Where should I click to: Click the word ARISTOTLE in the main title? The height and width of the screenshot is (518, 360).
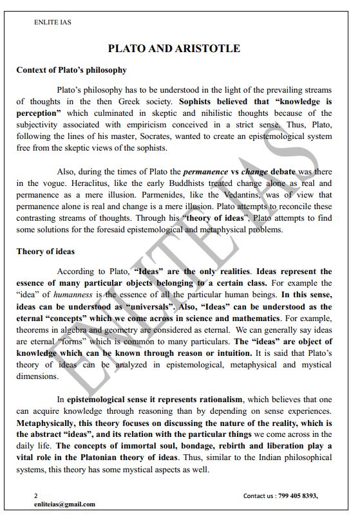tap(209, 48)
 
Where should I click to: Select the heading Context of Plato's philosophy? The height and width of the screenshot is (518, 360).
tap(71, 69)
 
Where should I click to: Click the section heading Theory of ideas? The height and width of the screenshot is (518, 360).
tap(45, 252)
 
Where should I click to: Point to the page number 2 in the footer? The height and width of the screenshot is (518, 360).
tap(36, 495)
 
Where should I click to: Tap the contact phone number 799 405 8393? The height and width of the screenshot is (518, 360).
tap(297, 495)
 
